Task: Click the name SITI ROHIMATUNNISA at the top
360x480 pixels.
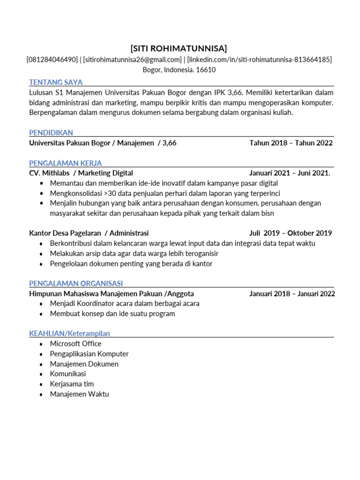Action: (179, 48)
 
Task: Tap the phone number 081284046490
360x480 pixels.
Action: (52, 60)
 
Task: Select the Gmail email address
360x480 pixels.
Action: (132, 60)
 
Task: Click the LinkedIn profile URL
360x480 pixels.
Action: (259, 60)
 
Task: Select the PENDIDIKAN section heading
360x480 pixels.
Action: (51, 133)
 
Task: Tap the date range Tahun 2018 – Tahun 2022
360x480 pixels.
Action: (291, 143)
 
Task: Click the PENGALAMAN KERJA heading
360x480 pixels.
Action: (65, 163)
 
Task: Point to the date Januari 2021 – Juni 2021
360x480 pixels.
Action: (290, 173)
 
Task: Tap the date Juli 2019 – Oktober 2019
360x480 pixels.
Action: (291, 233)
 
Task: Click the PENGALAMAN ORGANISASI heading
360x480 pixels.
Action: (76, 283)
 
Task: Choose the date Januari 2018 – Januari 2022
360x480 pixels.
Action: (292, 293)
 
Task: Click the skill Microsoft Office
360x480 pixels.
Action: (75, 344)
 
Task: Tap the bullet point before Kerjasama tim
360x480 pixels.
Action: (41, 384)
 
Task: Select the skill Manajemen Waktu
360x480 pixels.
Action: (79, 394)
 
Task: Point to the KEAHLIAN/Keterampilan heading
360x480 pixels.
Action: (69, 333)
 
